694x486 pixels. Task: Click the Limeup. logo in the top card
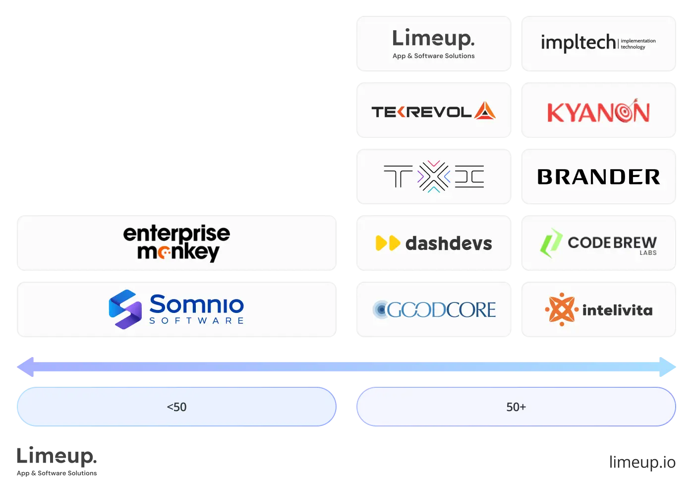pyautogui.click(x=433, y=39)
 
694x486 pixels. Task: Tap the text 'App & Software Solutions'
pyautogui.click(x=433, y=56)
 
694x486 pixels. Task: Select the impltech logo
pyautogui.click(x=598, y=43)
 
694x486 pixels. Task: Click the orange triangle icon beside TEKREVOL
pyautogui.click(x=485, y=111)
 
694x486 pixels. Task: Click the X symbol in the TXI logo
pyautogui.click(x=434, y=176)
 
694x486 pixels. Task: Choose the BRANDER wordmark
pyautogui.click(x=598, y=177)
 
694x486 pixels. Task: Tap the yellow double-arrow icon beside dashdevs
pyautogui.click(x=388, y=243)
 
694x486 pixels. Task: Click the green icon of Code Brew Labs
pyautogui.click(x=551, y=243)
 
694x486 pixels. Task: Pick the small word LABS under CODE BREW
pyautogui.click(x=648, y=253)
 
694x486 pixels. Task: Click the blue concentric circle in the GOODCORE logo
pyautogui.click(x=381, y=309)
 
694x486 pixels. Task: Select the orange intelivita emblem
pyautogui.click(x=562, y=309)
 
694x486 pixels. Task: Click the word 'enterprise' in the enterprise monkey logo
pyautogui.click(x=176, y=233)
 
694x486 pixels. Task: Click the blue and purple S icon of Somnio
pyautogui.click(x=125, y=309)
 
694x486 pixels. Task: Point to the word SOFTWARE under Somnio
pyautogui.click(x=196, y=321)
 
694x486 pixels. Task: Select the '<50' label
pyautogui.click(x=176, y=407)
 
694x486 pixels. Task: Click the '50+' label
pyautogui.click(x=516, y=407)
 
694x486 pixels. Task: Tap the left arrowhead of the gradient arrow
pyautogui.click(x=25, y=367)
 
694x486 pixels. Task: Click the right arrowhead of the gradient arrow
pyautogui.click(x=669, y=367)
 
